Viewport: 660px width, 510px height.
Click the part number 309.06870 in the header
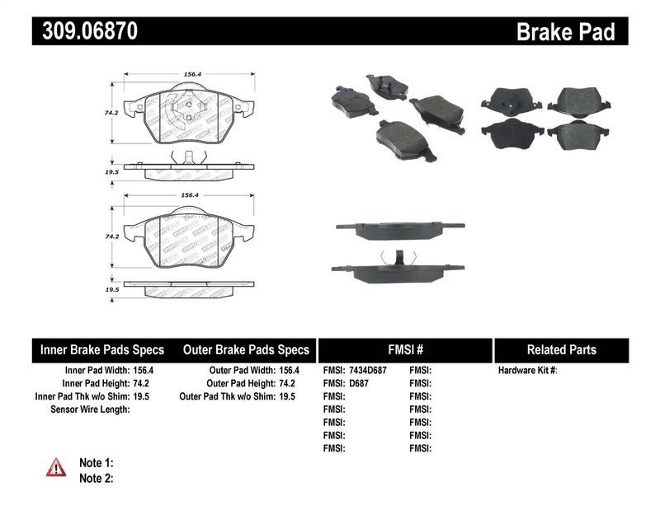pyautogui.click(x=85, y=32)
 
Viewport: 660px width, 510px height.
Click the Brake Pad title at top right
pyautogui.click(x=565, y=32)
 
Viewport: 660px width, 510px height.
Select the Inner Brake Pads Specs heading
pyautogui.click(x=102, y=349)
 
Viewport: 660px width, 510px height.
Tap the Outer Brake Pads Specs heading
pyautogui.click(x=245, y=349)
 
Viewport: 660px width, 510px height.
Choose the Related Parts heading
pyautogui.click(x=562, y=349)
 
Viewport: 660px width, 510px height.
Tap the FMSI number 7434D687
pyautogui.click(x=368, y=371)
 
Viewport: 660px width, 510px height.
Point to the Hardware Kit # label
pyautogui.click(x=527, y=371)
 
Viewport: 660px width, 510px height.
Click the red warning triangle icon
pyautogui.click(x=55, y=468)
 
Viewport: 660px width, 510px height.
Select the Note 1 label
pyautogui.click(x=96, y=463)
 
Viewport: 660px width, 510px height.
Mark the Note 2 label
pyautogui.click(x=96, y=478)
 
